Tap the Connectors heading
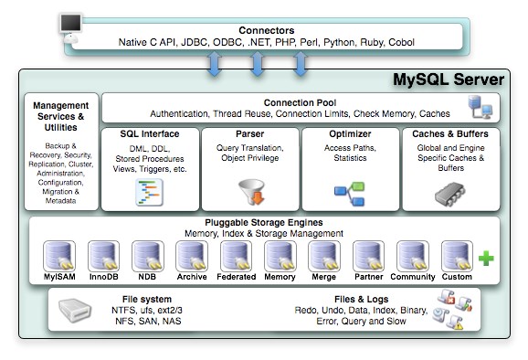[267, 29]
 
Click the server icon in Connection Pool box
[480, 109]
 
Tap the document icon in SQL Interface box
[149, 191]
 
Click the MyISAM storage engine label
[58, 276]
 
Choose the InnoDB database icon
[103, 255]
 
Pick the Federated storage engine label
[236, 276]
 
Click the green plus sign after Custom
[486, 259]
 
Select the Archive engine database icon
[192, 255]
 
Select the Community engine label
[413, 276]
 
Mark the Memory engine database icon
[280, 255]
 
